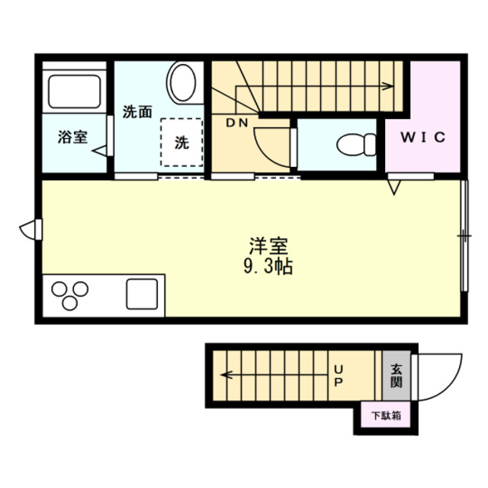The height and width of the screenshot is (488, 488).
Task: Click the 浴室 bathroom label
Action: pyautogui.click(x=72, y=138)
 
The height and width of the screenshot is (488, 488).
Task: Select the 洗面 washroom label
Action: pyautogui.click(x=137, y=112)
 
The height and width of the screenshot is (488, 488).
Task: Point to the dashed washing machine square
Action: pyautogui.click(x=181, y=141)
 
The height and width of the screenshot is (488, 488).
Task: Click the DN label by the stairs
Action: pyautogui.click(x=236, y=122)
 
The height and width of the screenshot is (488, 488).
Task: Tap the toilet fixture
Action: pyautogui.click(x=355, y=143)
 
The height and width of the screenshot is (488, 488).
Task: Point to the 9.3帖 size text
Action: pyautogui.click(x=268, y=267)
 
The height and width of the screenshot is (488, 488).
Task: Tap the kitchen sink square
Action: pyautogui.click(x=143, y=294)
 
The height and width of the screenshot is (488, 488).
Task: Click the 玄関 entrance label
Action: pyautogui.click(x=396, y=375)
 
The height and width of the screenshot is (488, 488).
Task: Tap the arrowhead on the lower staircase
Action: pyautogui.click(x=226, y=374)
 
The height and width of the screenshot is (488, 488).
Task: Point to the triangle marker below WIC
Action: pyautogui.click(x=395, y=185)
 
